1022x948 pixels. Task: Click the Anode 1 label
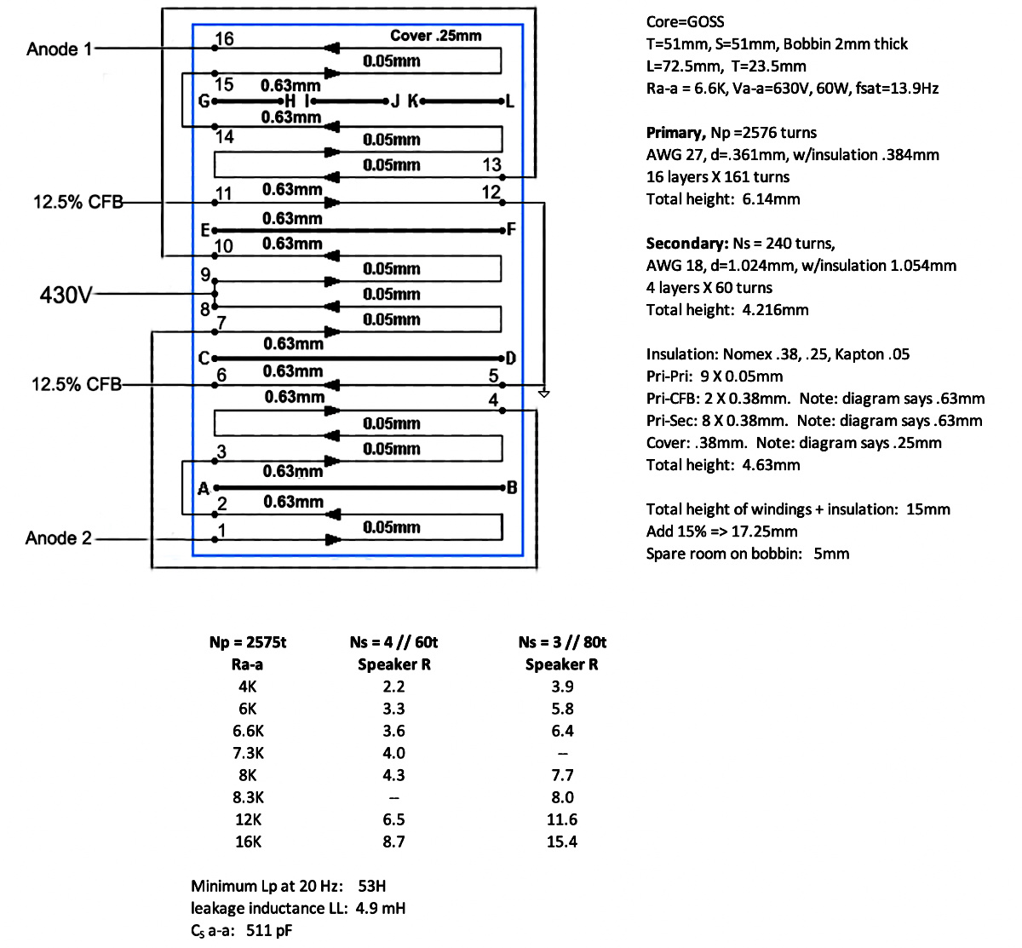59,49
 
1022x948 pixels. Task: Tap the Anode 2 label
58,538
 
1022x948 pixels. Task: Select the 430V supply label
65,295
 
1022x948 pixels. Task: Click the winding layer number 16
224,39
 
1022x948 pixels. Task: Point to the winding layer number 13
492,164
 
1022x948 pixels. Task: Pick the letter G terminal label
204,101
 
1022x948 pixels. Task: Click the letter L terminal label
510,101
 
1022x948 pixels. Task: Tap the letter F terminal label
511,229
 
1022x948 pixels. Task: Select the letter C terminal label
204,359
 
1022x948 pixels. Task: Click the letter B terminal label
512,488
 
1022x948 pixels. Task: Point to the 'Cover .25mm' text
435,36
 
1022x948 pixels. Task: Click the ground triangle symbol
544,394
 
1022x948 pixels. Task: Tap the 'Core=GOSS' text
686,22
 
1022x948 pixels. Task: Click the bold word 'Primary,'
675,133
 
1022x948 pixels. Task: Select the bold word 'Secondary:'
686,244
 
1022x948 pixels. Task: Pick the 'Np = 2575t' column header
247,642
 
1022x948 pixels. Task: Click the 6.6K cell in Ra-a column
248,731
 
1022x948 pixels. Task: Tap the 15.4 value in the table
561,842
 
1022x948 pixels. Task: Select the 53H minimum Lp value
372,886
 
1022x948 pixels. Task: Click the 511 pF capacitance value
268,930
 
